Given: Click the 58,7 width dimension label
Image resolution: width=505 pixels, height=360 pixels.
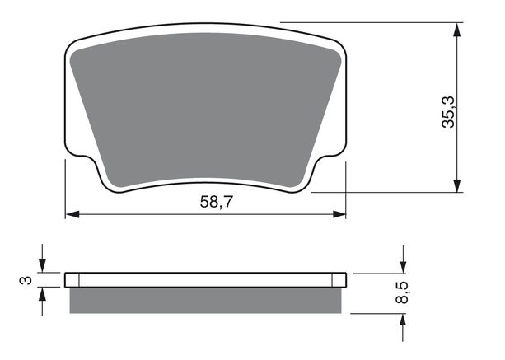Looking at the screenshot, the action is tap(216, 202).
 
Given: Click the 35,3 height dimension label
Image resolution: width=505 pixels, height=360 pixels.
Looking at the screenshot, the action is tap(448, 112).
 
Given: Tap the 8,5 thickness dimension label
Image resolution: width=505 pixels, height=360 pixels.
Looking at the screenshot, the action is tap(402, 292).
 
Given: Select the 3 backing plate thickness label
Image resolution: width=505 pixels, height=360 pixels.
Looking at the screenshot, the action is tap(26, 280).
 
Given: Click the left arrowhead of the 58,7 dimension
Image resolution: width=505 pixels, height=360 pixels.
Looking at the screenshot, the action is tap(72, 214).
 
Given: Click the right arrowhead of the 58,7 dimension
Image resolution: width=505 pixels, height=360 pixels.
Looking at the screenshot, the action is tap(339, 214).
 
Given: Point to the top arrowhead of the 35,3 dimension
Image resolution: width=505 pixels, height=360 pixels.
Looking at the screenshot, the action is tap(456, 30).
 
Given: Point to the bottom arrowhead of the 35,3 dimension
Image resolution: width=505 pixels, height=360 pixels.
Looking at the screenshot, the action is tap(456, 186).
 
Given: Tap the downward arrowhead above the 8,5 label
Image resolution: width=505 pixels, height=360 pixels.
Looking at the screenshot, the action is tap(403, 267).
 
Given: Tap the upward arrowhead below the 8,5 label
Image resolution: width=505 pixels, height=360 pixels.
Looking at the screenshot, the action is tap(403, 320).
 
